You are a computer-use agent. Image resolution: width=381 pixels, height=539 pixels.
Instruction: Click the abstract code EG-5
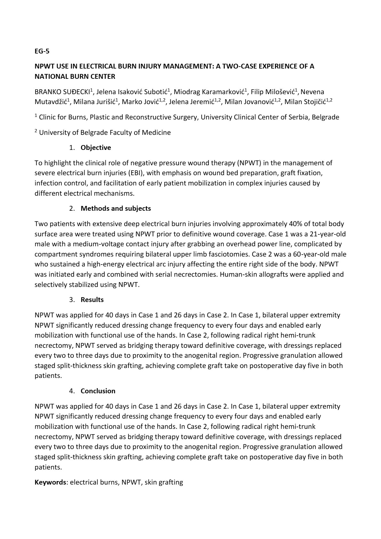(x=42, y=51)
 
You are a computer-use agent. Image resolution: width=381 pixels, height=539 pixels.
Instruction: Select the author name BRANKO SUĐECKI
(x=62, y=92)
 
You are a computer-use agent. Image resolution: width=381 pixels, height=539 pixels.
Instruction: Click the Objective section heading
(x=96, y=148)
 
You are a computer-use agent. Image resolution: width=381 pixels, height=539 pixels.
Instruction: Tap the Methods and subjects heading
(x=116, y=208)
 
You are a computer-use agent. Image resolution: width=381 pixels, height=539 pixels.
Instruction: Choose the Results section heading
(x=92, y=300)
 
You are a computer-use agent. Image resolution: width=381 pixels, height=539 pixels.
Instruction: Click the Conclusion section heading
(x=98, y=391)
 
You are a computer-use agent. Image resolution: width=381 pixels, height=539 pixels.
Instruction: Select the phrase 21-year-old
(x=328, y=234)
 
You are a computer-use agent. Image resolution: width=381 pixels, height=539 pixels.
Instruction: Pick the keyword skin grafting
(x=164, y=482)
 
